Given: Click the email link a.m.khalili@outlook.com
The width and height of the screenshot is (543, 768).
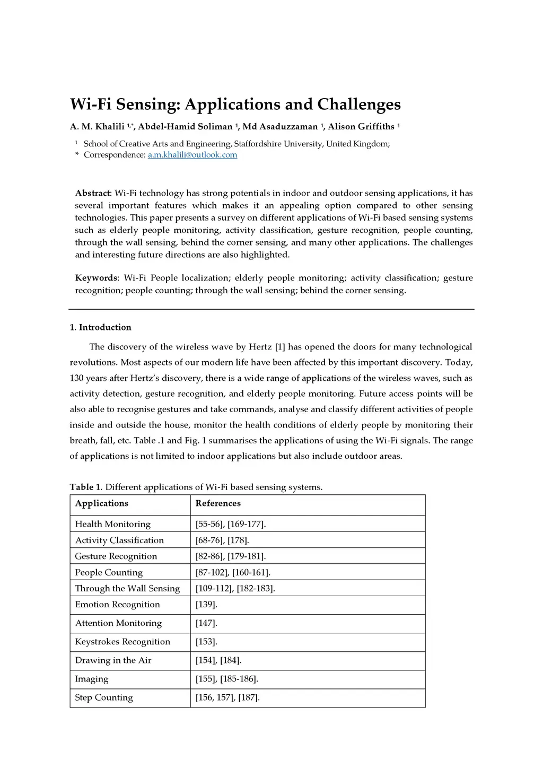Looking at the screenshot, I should (x=192, y=155).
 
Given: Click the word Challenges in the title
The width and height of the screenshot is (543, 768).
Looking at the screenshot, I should (x=358, y=104).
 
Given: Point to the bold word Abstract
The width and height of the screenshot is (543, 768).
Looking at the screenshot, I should (x=92, y=193).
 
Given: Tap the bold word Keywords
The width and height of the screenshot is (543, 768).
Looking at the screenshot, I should (x=96, y=278).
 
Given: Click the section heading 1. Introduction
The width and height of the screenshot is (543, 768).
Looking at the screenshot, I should (x=100, y=327).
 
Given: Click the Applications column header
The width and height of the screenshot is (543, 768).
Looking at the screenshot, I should (x=102, y=503).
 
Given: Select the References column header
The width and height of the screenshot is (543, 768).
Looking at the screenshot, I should (x=218, y=503).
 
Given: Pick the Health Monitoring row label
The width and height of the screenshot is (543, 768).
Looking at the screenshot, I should (x=113, y=524).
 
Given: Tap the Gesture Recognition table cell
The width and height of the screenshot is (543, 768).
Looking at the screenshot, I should (x=116, y=556).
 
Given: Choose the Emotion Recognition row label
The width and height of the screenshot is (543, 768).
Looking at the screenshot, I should (x=117, y=605).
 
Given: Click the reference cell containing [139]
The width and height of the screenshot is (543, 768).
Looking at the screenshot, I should (x=206, y=605).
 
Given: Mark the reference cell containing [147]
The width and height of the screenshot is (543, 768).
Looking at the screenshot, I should (x=206, y=623).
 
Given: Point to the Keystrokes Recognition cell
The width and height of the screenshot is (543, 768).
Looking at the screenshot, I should (x=122, y=642).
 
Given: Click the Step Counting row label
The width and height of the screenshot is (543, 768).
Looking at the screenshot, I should (x=104, y=697).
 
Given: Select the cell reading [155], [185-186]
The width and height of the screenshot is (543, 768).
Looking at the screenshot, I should (x=226, y=679).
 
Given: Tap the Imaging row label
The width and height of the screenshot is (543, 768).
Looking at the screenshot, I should (x=92, y=679).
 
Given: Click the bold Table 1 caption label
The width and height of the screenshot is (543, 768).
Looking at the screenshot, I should (x=85, y=487).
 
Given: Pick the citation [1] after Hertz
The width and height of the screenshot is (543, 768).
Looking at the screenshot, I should (x=280, y=347).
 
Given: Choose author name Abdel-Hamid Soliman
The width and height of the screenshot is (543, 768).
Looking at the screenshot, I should (x=185, y=126).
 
